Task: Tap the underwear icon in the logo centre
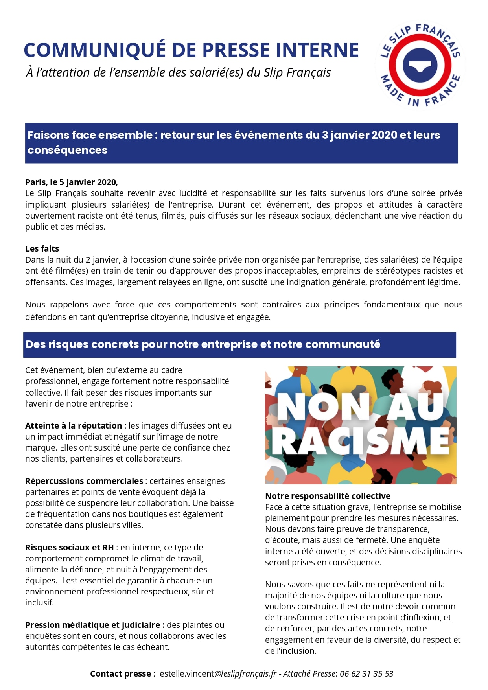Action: tap(420, 65)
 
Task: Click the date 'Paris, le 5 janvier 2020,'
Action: tap(71, 182)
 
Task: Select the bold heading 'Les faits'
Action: tap(42, 248)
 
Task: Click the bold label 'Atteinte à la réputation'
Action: tap(74, 425)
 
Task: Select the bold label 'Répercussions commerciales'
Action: tap(84, 481)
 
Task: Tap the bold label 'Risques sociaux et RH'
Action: tap(69, 547)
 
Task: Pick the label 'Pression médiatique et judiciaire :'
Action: tap(95, 625)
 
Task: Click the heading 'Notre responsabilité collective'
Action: tap(328, 496)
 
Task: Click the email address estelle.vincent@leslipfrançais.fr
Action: tap(218, 673)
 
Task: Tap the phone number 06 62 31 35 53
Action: tap(366, 673)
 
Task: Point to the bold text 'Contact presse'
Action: tap(120, 673)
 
